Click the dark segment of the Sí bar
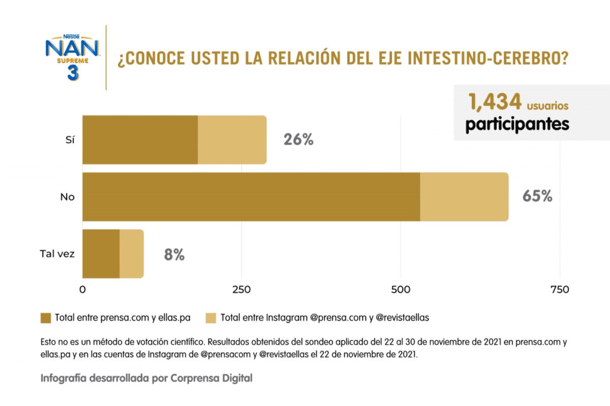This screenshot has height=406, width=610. [x=140, y=140]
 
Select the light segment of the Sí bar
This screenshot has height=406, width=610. [x=232, y=140]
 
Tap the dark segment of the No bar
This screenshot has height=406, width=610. [x=251, y=197]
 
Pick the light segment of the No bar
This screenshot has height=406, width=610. [x=464, y=197]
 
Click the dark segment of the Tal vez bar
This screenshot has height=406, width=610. [x=101, y=254]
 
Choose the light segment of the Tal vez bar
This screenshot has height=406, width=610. [x=132, y=254]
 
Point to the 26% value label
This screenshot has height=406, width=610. [x=298, y=140]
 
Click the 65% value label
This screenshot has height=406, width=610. [x=537, y=197]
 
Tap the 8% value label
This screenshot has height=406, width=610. [x=174, y=254]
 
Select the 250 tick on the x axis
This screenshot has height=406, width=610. [x=241, y=290]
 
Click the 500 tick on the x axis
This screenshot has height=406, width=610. [x=401, y=290]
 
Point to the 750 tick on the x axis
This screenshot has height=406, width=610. [x=560, y=290]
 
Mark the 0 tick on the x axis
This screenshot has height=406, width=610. [x=82, y=290]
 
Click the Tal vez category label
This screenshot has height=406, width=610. [x=57, y=254]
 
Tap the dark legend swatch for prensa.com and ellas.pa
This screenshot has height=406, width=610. [x=46, y=318]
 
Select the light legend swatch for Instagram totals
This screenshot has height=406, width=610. [x=211, y=318]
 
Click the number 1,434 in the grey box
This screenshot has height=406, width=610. [x=496, y=103]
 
